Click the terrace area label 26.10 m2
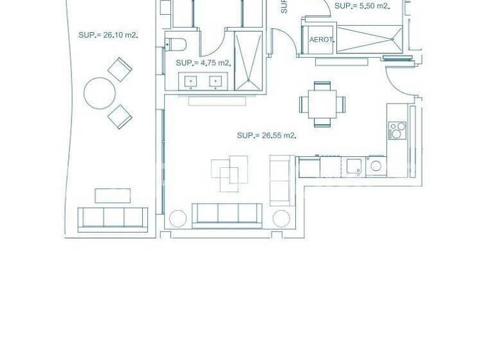coord(108,35)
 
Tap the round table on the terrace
coord(100,93)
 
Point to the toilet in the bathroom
coord(176,44)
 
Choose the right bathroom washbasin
coord(215,81)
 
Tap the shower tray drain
coord(248,80)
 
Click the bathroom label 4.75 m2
coord(203,63)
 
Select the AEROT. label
coord(322,40)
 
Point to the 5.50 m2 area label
coord(362,6)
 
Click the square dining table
coord(322,103)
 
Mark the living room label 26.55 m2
coord(266,136)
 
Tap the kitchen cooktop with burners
coord(398,130)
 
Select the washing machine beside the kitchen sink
coord(376,166)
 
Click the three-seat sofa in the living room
coord(227,214)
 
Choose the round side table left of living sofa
coord(178,219)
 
